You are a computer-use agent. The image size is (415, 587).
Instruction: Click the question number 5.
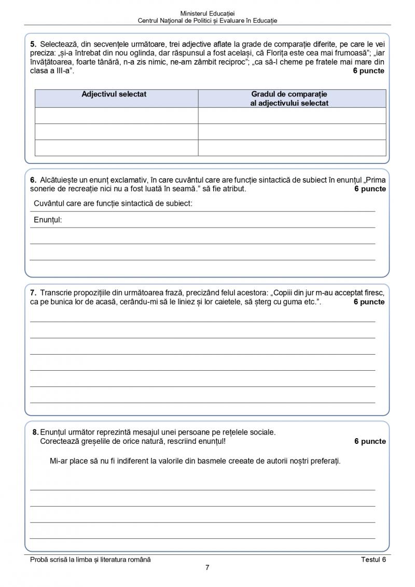pyautogui.click(x=33, y=45)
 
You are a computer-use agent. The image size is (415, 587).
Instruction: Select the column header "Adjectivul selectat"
pyautogui.click(x=114, y=94)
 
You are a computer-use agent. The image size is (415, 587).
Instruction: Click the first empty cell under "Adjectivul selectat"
pyautogui.click(x=116, y=116)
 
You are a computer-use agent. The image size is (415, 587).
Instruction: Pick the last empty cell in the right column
pyautogui.click(x=292, y=148)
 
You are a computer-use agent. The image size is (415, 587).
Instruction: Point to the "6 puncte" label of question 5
pyautogui.click(x=369, y=71)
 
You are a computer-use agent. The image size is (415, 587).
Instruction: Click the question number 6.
pyautogui.click(x=33, y=180)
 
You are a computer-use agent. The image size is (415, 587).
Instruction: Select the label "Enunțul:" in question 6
pyautogui.click(x=48, y=220)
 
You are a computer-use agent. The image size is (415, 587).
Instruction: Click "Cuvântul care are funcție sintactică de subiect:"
pyautogui.click(x=113, y=203)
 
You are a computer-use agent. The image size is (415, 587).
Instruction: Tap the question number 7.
pyautogui.click(x=33, y=293)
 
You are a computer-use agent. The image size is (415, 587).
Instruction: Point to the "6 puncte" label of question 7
pyautogui.click(x=369, y=302)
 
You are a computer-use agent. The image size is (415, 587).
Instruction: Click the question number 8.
pyautogui.click(x=35, y=432)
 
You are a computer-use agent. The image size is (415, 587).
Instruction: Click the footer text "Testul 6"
pyautogui.click(x=374, y=560)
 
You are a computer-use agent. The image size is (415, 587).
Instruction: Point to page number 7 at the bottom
pyautogui.click(x=207, y=567)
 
